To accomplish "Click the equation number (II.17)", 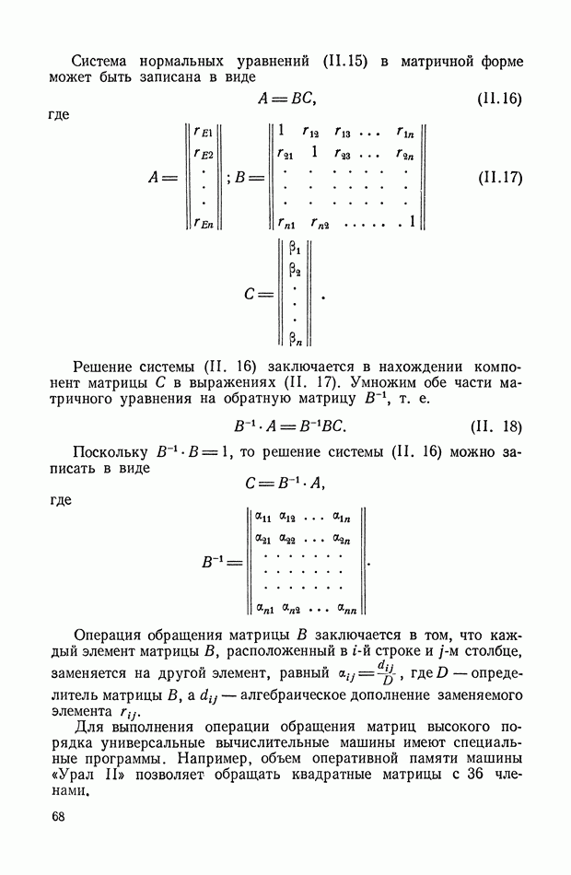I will [499, 178].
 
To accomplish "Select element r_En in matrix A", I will [203, 222].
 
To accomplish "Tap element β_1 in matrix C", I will [296, 248].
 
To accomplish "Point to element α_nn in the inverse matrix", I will [347, 607].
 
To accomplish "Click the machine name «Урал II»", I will [83, 776].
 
